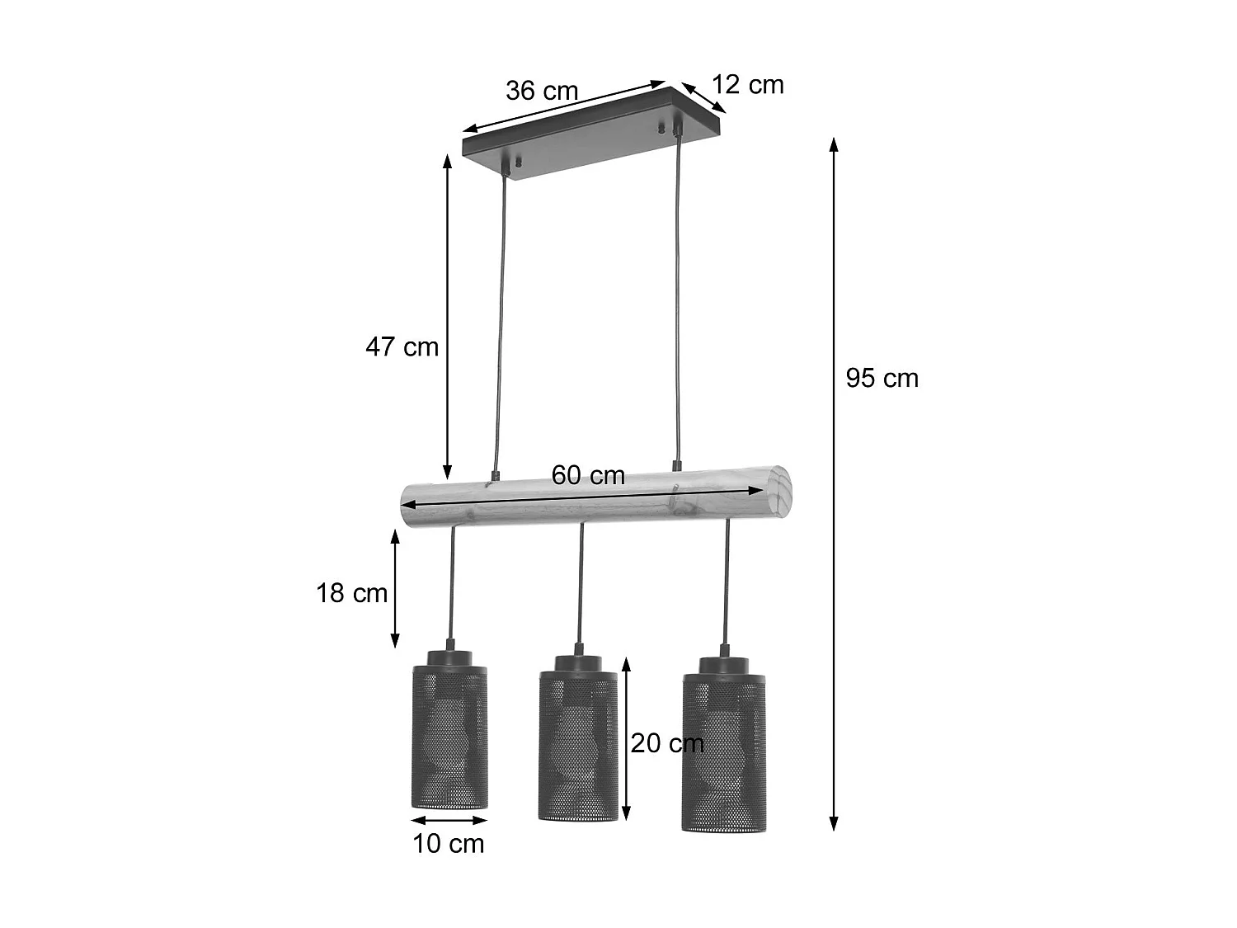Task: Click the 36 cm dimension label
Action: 542,90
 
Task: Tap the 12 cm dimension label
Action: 747,85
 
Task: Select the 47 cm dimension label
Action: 402,346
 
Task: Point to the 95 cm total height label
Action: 882,378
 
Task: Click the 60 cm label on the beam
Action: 588,475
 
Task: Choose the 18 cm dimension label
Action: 351,592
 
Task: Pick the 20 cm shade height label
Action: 667,743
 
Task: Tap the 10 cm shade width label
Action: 449,843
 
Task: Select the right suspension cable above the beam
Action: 678,297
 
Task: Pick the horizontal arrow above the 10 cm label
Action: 449,820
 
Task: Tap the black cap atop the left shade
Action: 450,657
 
